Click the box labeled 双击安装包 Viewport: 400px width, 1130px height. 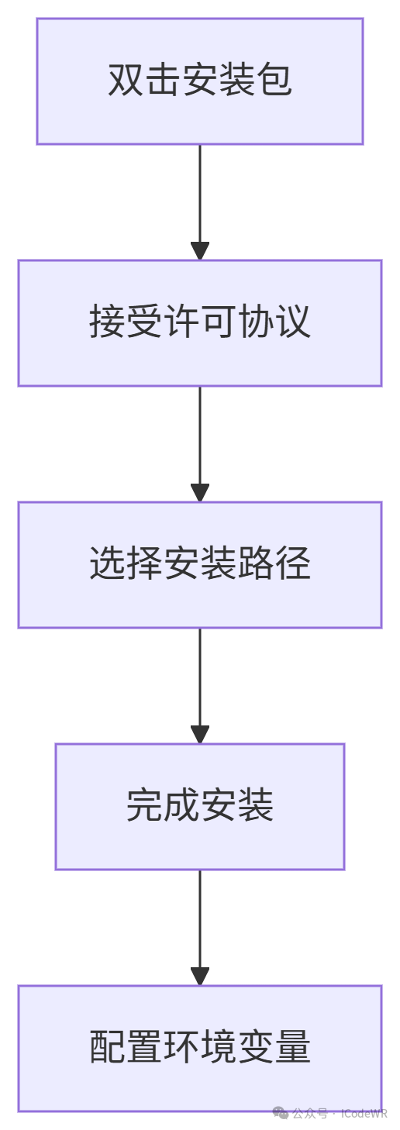point(200,81)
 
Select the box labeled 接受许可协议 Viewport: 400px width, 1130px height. point(200,323)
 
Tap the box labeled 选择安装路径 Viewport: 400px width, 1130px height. point(200,564)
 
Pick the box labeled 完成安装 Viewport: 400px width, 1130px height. point(200,806)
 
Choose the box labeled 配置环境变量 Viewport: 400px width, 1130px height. point(200,1048)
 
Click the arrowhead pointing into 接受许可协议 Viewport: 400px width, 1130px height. point(200,250)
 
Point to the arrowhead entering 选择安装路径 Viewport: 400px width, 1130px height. point(200,492)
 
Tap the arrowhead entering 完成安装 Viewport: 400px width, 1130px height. point(200,734)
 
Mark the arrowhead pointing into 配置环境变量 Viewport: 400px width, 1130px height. point(200,976)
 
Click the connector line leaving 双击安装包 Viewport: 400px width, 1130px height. point(200,194)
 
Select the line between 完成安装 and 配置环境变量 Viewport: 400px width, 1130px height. point(200,918)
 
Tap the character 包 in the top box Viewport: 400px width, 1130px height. point(274,80)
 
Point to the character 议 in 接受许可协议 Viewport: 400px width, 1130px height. point(293,322)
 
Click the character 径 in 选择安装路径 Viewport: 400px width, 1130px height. point(293,563)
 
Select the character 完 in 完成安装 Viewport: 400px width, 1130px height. point(144,804)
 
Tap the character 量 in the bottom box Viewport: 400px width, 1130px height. point(293,1046)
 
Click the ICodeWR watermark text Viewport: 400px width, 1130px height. point(364,1114)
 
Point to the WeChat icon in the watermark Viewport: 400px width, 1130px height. point(281,1113)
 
